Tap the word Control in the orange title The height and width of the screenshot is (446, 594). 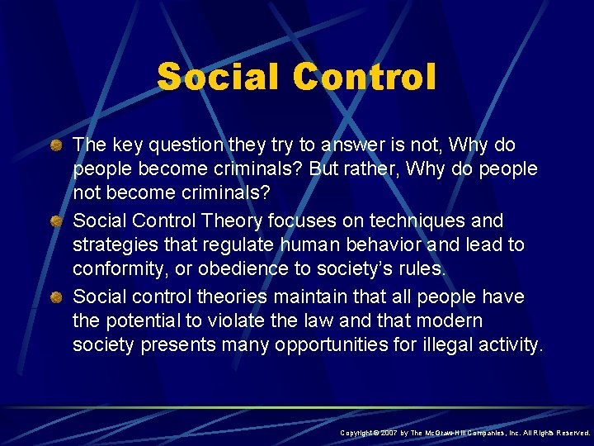point(364,77)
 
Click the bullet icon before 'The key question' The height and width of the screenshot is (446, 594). point(57,145)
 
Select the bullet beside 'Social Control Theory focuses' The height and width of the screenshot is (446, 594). point(57,221)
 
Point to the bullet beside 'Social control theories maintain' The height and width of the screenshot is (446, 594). point(57,297)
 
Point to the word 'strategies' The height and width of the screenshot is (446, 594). point(111,245)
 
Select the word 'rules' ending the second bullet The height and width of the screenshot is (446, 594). point(422,269)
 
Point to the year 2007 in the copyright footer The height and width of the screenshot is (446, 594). point(390,433)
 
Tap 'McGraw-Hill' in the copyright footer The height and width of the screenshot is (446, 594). point(450,433)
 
